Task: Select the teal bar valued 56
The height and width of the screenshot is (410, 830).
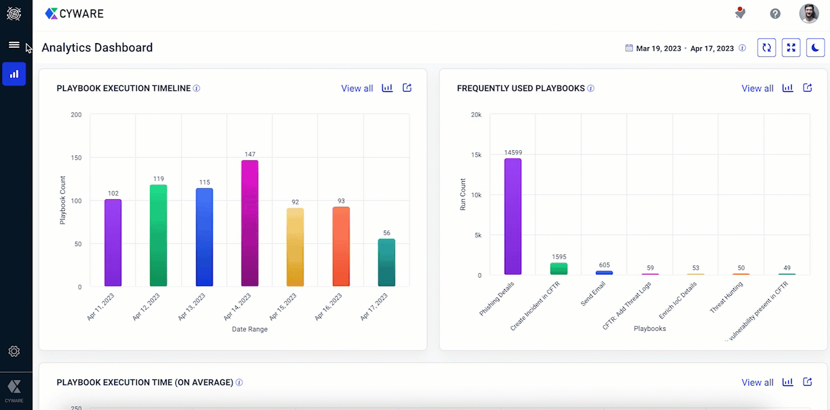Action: [386, 263]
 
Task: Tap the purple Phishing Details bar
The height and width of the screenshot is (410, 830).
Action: [513, 216]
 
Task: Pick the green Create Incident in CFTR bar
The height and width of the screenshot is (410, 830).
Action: [559, 268]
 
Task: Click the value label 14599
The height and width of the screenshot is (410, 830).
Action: [513, 153]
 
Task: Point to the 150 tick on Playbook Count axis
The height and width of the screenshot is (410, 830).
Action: [76, 158]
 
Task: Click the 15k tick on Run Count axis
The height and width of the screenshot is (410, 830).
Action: [476, 155]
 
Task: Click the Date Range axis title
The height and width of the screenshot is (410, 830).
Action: [250, 329]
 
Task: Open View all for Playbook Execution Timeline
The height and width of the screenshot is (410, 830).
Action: [357, 89]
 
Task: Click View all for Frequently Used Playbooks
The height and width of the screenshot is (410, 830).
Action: [757, 89]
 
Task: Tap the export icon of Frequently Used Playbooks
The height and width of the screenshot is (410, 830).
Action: [807, 88]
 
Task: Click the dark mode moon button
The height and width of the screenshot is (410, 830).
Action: [815, 48]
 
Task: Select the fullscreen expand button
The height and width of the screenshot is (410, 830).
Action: [791, 48]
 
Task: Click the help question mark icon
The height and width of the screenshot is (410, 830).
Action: [775, 13]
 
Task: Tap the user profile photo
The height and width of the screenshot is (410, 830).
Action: [809, 13]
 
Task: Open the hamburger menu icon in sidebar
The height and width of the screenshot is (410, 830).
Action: [14, 45]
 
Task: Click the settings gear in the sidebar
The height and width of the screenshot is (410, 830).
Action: [14, 351]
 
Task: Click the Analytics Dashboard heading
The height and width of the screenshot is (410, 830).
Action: [97, 48]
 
